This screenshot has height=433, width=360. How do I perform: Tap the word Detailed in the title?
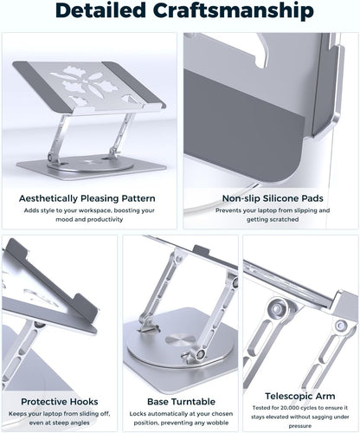[x=84, y=13]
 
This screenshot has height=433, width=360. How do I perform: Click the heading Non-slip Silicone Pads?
[x=270, y=197]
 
